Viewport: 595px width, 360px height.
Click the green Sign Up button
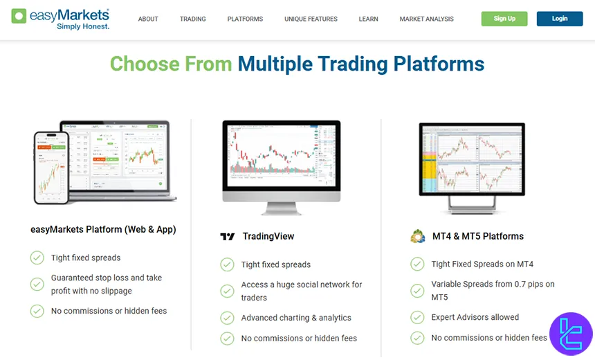[504, 19]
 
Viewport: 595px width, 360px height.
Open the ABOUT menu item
[148, 19]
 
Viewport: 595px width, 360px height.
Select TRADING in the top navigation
[192, 19]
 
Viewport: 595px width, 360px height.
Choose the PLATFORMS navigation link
[245, 19]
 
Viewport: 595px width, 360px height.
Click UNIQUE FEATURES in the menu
[311, 19]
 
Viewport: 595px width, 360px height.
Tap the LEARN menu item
[368, 19]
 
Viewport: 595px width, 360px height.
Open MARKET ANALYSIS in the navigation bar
[426, 19]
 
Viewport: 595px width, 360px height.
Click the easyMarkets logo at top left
[60, 19]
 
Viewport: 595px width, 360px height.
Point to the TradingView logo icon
[228, 237]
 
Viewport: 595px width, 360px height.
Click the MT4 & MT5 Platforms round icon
[417, 236]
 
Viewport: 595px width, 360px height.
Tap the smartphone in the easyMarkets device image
[52, 167]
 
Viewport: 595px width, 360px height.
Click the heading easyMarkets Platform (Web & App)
[103, 229]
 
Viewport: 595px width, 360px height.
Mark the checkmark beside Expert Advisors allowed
[417, 317]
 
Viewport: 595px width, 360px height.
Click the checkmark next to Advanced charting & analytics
[227, 318]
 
